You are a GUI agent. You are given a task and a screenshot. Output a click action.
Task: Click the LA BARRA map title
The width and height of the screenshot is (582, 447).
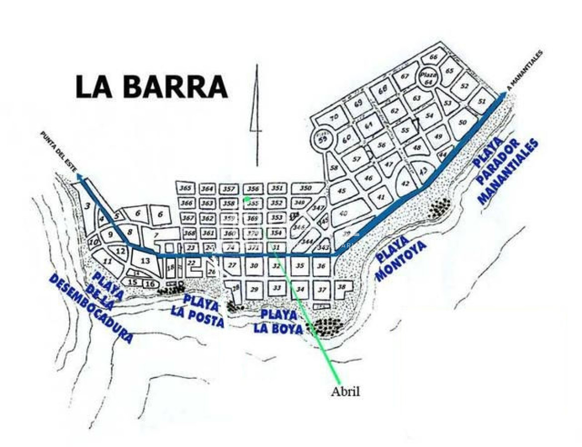pyautogui.click(x=151, y=87)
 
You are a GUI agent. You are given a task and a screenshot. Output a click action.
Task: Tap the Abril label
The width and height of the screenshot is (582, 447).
pyautogui.click(x=345, y=391)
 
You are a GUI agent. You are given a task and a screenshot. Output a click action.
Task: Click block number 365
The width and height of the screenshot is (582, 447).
pyautogui.click(x=186, y=188)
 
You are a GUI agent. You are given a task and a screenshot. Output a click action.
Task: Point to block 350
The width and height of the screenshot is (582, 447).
pyautogui.click(x=306, y=188)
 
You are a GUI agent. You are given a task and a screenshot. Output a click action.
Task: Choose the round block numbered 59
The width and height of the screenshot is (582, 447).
pyautogui.click(x=323, y=139)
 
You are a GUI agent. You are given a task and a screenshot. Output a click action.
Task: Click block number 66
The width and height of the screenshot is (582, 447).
pyautogui.click(x=433, y=57)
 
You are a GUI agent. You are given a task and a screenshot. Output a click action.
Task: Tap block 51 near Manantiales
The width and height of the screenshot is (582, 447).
pyautogui.click(x=481, y=101)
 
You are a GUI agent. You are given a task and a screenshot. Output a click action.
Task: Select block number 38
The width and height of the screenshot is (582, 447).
pyautogui.click(x=341, y=287)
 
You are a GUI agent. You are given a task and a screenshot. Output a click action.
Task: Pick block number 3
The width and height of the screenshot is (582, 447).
pyautogui.click(x=87, y=206)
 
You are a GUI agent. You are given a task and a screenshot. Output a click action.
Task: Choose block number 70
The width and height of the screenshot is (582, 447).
pyautogui.click(x=334, y=118)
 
